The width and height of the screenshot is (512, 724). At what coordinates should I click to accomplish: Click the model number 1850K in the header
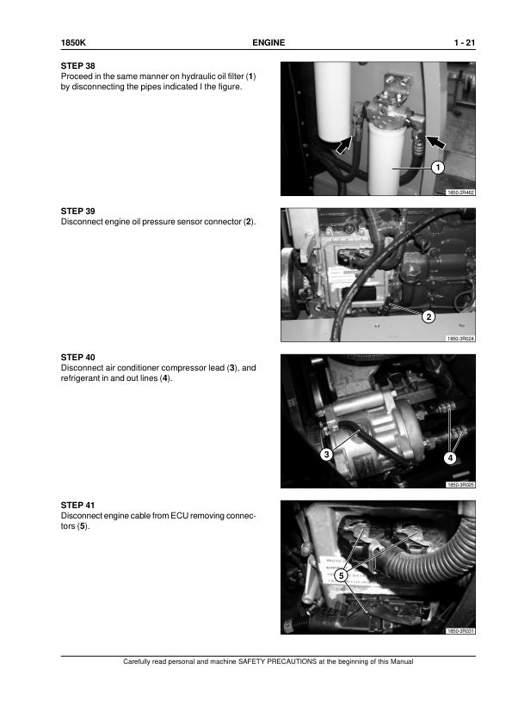(x=73, y=43)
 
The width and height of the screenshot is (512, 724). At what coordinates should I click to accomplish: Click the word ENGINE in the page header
(x=268, y=43)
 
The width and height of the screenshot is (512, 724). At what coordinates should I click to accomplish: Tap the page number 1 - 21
(x=465, y=43)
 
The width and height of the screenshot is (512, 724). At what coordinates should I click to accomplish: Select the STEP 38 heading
(x=77, y=66)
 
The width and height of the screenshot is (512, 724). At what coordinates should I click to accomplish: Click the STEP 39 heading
(x=77, y=212)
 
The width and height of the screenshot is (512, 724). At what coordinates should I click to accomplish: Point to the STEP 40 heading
(x=77, y=358)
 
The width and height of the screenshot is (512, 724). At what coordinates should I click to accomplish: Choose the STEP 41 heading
(x=77, y=506)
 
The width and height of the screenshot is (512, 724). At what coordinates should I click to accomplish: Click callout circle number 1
(x=438, y=167)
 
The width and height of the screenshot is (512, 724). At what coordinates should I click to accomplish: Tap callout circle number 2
(x=429, y=316)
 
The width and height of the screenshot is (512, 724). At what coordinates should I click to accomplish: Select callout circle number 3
(x=327, y=454)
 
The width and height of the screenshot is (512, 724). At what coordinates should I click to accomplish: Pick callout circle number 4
(x=450, y=458)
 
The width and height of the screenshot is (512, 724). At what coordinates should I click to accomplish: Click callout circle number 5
(x=341, y=575)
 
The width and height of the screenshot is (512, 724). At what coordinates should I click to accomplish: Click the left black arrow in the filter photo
(x=342, y=145)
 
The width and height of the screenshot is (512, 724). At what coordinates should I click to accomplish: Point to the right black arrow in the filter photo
(x=435, y=142)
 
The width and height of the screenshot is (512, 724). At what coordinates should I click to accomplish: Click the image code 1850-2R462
(x=460, y=193)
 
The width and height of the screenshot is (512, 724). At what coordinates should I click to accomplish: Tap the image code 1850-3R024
(x=460, y=339)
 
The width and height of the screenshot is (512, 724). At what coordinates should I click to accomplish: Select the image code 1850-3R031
(x=460, y=631)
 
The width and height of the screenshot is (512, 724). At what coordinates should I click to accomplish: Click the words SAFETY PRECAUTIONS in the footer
(x=277, y=662)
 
